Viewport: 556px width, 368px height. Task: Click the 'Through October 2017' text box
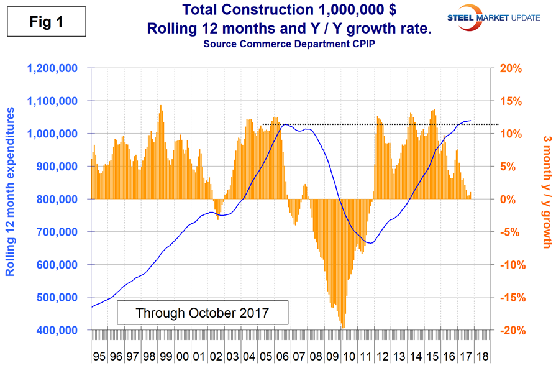[x=203, y=311]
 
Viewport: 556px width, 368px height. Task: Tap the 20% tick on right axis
[x=506, y=68]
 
